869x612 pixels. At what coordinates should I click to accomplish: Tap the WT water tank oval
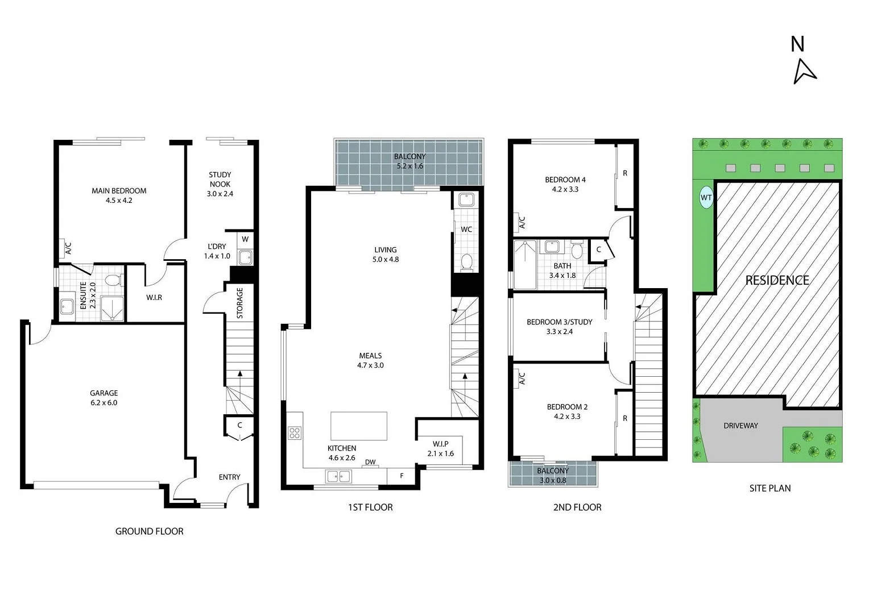706,198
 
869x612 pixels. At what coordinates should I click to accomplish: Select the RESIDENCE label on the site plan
777,280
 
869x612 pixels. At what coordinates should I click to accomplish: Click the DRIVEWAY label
740,426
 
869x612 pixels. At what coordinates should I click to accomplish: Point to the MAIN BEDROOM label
119,191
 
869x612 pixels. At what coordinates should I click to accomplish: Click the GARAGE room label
104,393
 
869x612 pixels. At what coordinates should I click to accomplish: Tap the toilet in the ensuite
113,280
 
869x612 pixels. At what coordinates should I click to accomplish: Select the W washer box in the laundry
245,239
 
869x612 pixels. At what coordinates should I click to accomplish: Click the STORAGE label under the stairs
240,303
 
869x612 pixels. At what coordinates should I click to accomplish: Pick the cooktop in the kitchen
294,433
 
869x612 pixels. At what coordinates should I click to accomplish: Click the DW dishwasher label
370,462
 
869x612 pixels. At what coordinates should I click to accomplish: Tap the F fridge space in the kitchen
402,476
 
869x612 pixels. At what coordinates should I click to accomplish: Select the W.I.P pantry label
440,444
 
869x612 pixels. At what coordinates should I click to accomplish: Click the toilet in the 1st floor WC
466,262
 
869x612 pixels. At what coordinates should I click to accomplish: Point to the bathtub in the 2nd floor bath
525,264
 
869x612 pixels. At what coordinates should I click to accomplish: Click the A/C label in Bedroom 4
522,222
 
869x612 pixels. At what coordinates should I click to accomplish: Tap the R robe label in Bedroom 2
624,418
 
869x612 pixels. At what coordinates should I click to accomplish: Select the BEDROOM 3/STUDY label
559,322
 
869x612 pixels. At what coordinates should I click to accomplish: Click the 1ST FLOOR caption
370,507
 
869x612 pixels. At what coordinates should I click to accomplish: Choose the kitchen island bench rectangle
359,426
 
